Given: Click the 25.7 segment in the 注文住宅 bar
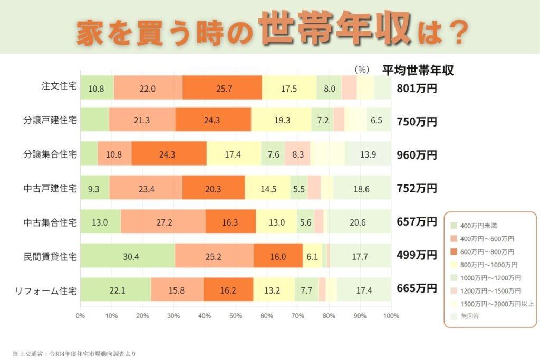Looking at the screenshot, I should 222,89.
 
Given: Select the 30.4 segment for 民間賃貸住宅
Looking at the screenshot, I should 127,257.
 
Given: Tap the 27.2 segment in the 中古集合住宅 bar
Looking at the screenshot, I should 164,222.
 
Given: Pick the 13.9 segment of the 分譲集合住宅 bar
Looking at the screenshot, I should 368,155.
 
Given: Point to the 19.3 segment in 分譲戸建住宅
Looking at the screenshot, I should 281,121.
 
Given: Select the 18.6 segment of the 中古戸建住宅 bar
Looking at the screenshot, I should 362,188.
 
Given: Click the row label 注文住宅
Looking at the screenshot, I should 59,86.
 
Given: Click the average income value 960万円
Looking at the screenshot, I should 417,155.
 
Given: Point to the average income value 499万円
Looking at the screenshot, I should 417,255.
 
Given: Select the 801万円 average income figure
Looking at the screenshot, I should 417,89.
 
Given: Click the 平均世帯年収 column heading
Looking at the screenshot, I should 418,70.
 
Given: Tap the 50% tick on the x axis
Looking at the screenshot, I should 235,316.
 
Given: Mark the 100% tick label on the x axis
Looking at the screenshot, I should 390,316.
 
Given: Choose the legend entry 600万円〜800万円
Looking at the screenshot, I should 486,251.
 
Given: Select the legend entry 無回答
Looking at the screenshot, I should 470,316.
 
